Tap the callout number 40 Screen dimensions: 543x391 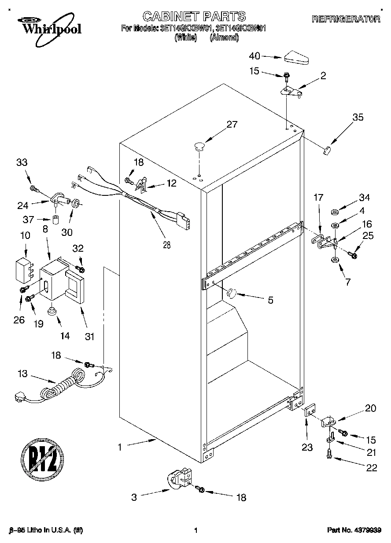pos(255,56)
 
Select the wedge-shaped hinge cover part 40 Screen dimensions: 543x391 pos(297,58)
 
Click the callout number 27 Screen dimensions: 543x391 pos(232,124)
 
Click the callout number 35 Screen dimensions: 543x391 pos(358,117)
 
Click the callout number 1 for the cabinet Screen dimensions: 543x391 pos(119,447)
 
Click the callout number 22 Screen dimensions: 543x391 pos(372,468)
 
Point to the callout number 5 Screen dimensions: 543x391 pos(270,301)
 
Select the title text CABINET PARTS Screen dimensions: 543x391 pos(194,17)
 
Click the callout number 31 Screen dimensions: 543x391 pos(89,337)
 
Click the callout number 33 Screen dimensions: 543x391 pos(22,162)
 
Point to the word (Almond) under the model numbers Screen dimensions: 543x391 pos(224,38)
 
